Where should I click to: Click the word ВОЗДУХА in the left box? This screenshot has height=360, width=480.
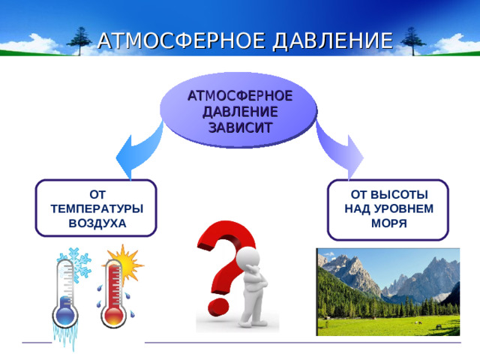[97, 223]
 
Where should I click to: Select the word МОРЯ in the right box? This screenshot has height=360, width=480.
[388, 223]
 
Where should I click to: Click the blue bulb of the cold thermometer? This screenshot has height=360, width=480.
[65, 311]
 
